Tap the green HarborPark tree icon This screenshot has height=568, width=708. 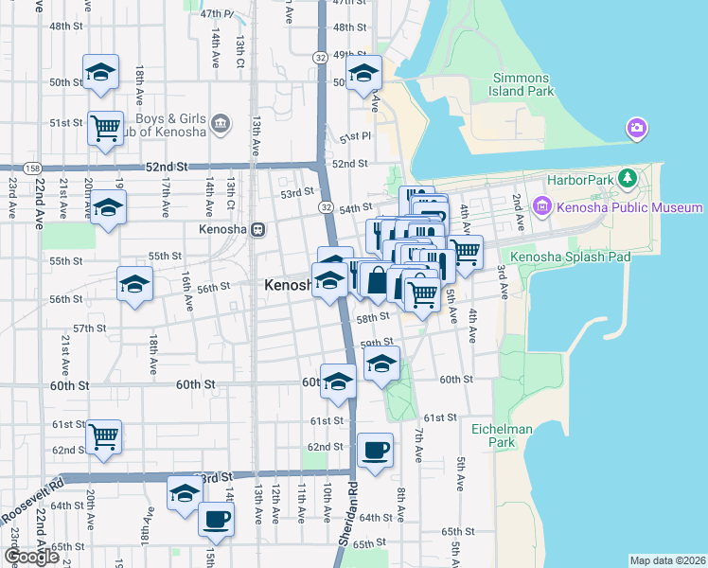click(626, 179)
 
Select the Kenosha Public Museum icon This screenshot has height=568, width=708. click(542, 205)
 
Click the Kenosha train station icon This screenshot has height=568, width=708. click(258, 229)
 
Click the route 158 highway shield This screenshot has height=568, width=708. click(33, 168)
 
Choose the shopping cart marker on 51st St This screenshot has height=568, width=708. click(105, 127)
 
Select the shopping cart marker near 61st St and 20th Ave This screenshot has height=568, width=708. click(104, 436)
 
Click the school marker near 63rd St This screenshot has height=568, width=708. click(185, 492)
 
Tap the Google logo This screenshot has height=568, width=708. click(31, 557)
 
